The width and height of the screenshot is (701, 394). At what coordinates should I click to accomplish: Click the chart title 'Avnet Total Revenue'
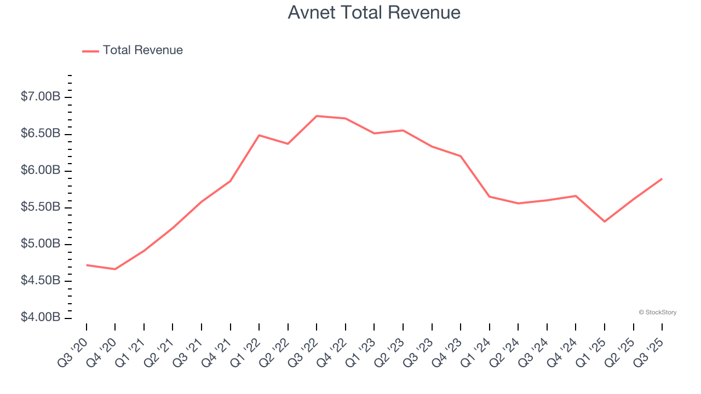coord(374,13)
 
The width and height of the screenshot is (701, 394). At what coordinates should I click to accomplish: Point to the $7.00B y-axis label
coord(40,97)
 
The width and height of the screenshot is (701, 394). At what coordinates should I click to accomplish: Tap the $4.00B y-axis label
coord(40,317)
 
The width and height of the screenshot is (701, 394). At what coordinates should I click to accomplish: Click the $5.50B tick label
coord(40,207)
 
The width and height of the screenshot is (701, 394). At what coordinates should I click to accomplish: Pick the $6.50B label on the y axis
coord(40,134)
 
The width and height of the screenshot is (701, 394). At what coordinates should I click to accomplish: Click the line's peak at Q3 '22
coord(317,116)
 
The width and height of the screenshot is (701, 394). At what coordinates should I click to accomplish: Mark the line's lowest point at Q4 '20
coord(115,269)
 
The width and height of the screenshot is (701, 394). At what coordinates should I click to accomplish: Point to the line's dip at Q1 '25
coord(605,222)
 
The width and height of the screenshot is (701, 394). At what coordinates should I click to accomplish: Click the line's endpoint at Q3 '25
coord(662,179)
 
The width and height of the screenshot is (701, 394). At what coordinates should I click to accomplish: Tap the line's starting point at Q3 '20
coord(87,265)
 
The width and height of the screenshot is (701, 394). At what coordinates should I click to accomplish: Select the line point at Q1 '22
coord(259,135)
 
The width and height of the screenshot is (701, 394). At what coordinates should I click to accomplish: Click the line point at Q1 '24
coord(489,196)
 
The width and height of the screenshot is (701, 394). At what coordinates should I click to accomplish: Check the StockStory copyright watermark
coord(657,312)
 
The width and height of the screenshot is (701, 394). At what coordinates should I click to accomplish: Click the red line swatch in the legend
coord(90,51)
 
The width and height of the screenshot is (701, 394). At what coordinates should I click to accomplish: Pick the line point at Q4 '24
coord(576,196)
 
